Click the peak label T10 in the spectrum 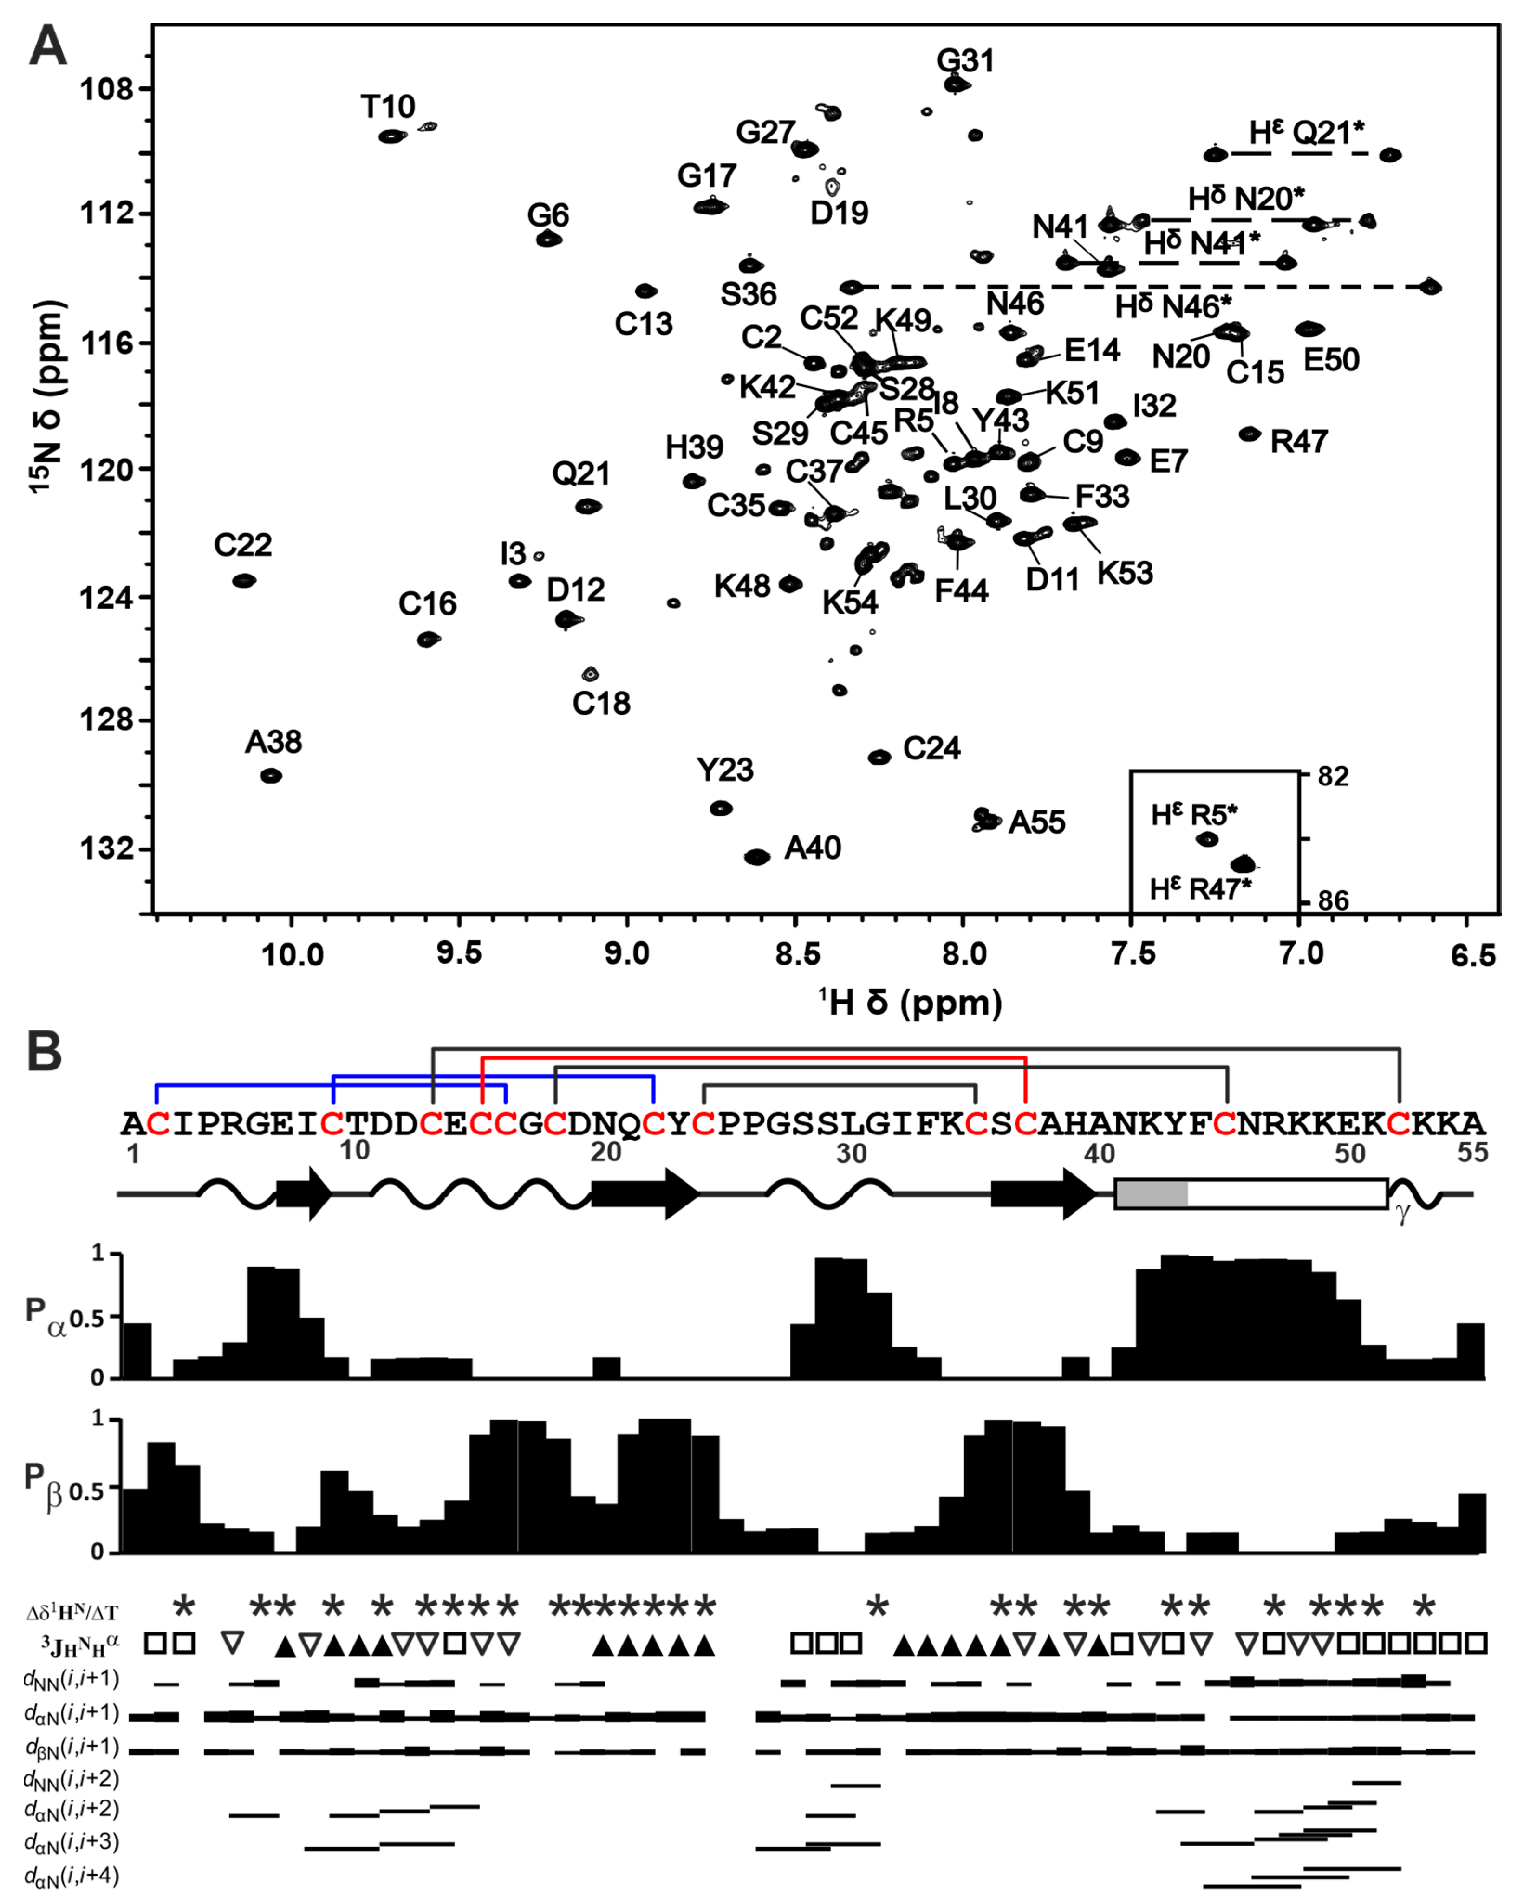pos(388,107)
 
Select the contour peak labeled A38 pos(271,775)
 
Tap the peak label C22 pos(243,545)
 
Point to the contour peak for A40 pos(757,857)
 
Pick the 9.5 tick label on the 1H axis pos(459,954)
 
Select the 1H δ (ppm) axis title pos(910,1002)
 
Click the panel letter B pos(44,1053)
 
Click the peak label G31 pos(965,61)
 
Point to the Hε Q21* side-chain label pos(1306,132)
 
